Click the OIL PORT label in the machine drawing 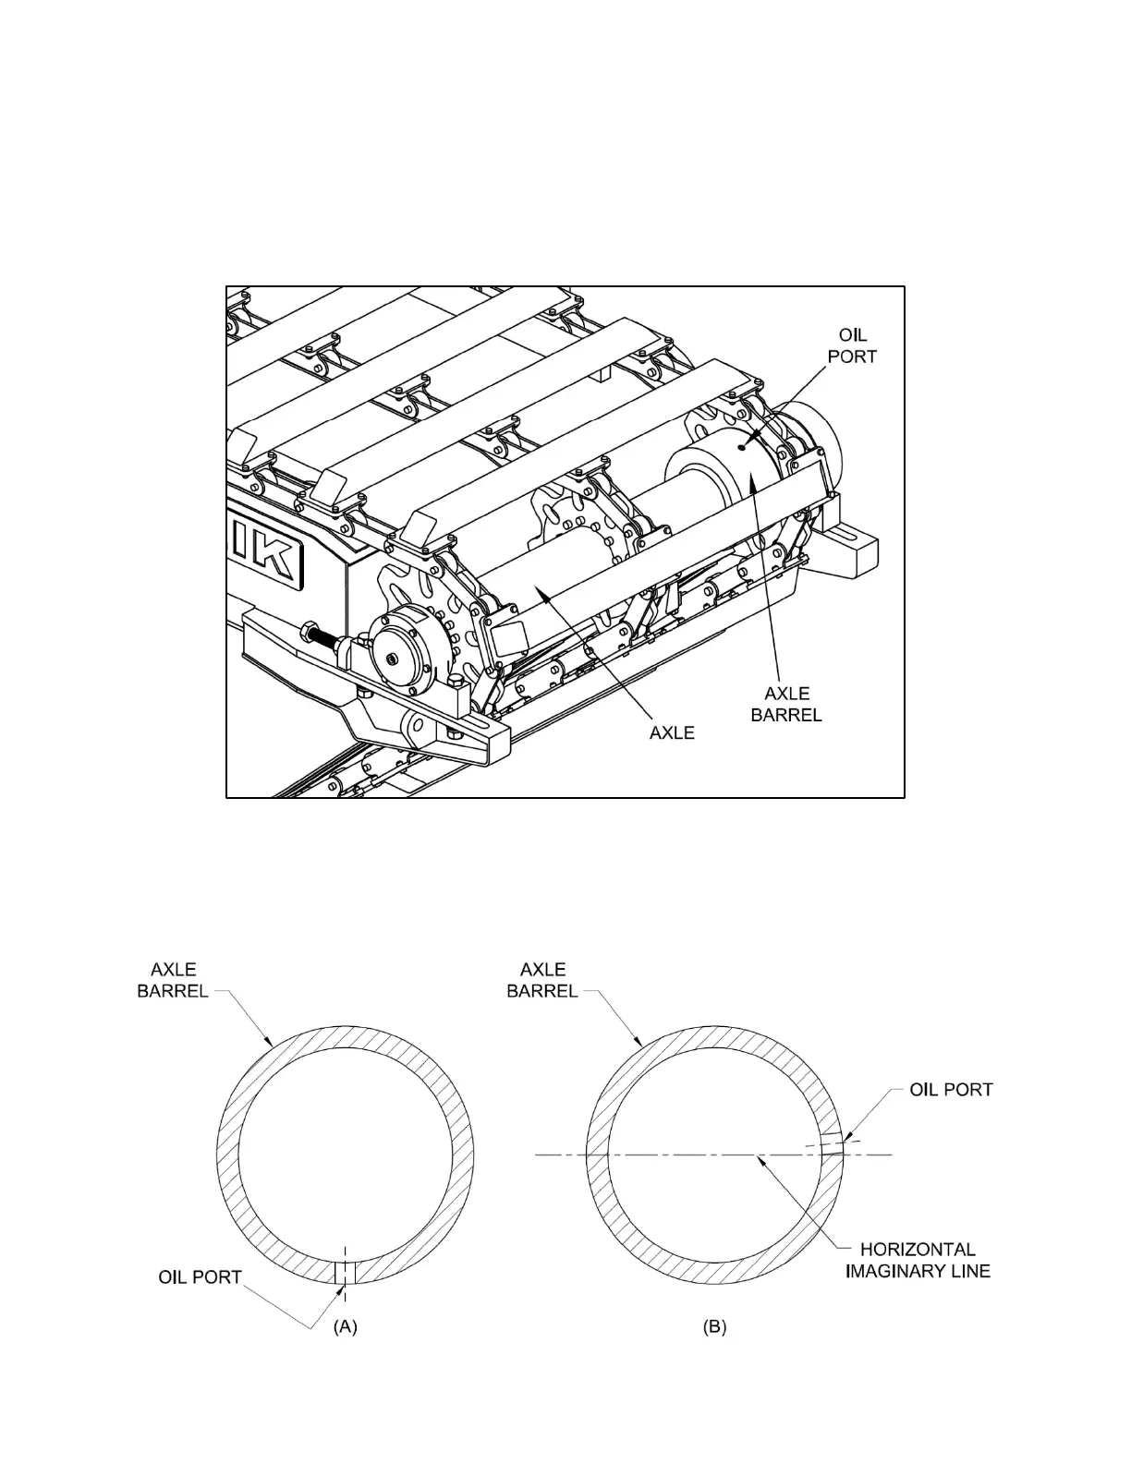852,345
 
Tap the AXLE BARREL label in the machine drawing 785,704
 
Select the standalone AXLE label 672,732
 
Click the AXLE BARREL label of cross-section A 173,980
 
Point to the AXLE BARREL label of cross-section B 542,980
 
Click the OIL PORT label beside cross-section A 201,1277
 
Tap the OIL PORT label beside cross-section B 951,1090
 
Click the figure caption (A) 345,1327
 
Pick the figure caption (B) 714,1327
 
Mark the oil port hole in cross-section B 830,1144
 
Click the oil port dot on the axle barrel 742,447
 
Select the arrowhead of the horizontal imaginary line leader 757,1157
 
